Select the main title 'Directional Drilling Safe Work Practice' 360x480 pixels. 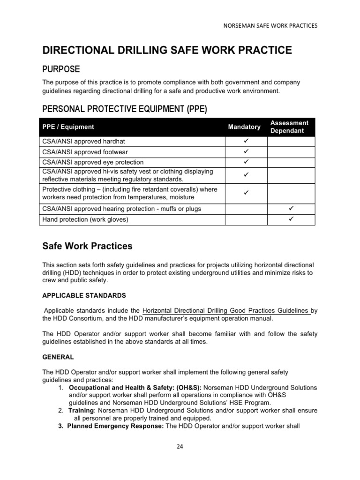tap(167, 51)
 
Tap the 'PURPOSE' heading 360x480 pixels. tap(61, 69)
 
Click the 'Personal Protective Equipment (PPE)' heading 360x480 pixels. tap(124, 109)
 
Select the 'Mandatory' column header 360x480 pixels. tap(244, 127)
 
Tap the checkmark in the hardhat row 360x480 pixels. tap(246, 141)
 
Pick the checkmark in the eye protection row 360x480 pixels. tap(246, 162)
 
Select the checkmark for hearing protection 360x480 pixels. tap(291, 208)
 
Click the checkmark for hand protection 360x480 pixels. tap(291, 219)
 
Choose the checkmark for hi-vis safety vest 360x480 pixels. tap(246, 175)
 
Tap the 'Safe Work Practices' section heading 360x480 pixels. tap(88, 246)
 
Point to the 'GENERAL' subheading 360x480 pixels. tap(58, 357)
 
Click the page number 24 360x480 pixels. tap(180, 446)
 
